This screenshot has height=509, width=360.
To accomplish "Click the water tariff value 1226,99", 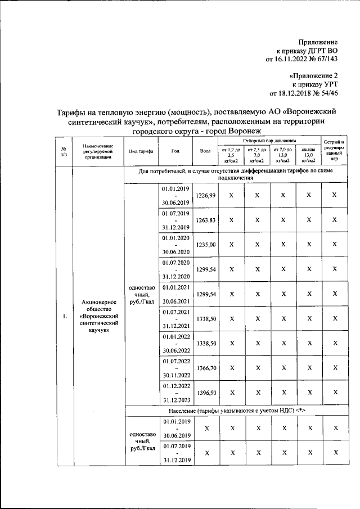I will pyautogui.click(x=205, y=195).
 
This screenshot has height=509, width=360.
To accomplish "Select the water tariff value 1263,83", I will pyautogui.click(x=205, y=220).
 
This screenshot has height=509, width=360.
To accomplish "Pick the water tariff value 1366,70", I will pyautogui.click(x=205, y=368).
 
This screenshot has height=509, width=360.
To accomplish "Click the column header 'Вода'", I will pyautogui.click(x=205, y=151).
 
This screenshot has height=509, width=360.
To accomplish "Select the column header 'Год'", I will pyautogui.click(x=175, y=151).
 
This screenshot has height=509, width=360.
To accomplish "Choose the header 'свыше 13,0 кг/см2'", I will pyautogui.click(x=308, y=155).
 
